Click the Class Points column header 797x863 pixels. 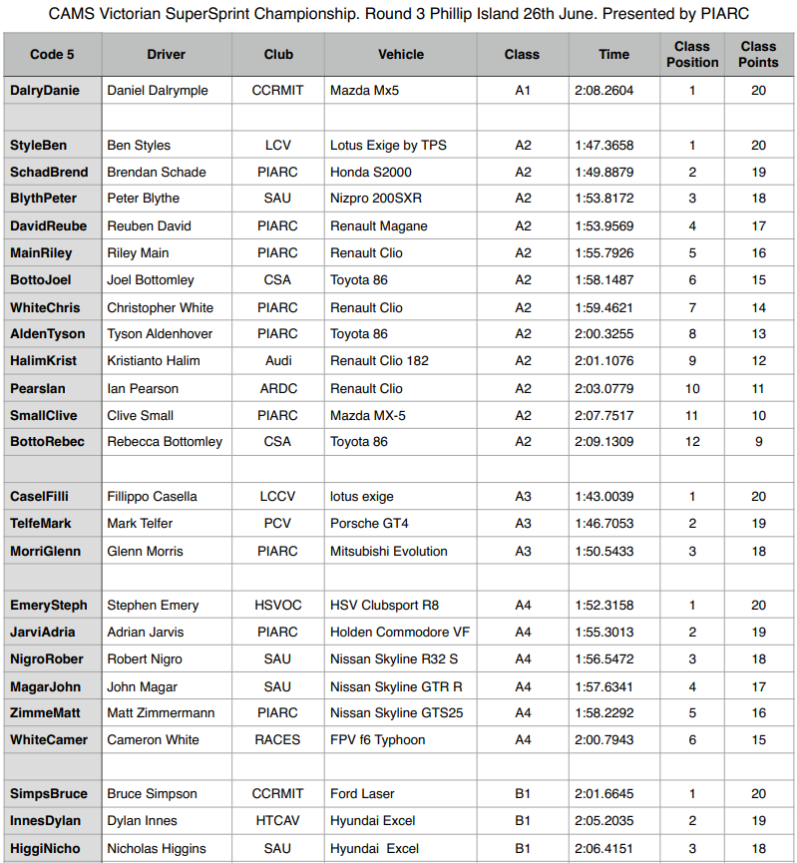click(758, 54)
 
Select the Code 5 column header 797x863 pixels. click(52, 54)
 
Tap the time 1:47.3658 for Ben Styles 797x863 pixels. click(603, 145)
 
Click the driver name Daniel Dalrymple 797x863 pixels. click(158, 90)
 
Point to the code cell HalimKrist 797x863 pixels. click(44, 360)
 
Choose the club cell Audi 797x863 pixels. click(278, 360)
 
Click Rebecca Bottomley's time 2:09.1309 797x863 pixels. click(603, 441)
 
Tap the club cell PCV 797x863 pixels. click(278, 523)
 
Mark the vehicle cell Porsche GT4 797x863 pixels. click(369, 523)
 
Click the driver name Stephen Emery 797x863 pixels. click(153, 605)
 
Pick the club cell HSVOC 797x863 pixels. click(278, 605)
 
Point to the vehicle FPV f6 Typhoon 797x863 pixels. click(377, 739)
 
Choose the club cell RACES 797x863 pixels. click(278, 739)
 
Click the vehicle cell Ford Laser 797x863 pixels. click(364, 793)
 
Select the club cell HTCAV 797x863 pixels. click(278, 820)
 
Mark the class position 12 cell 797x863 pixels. click(691, 441)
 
